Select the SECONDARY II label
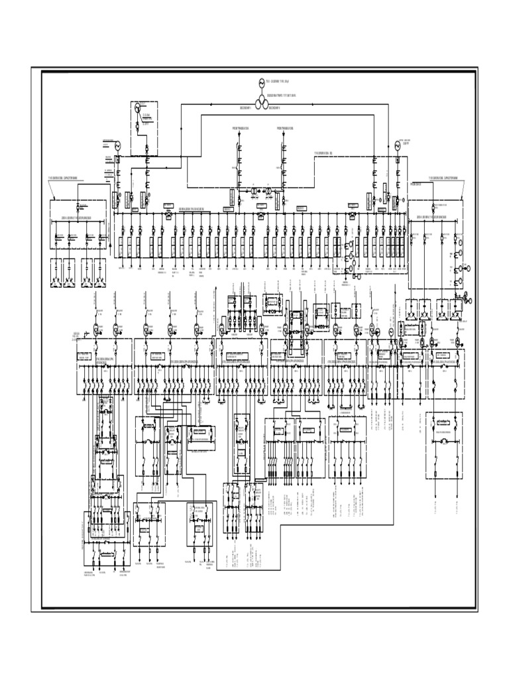pos(273,108)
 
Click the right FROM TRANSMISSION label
pos(284,127)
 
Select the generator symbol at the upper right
pos(398,145)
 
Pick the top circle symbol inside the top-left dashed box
pos(137,107)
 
